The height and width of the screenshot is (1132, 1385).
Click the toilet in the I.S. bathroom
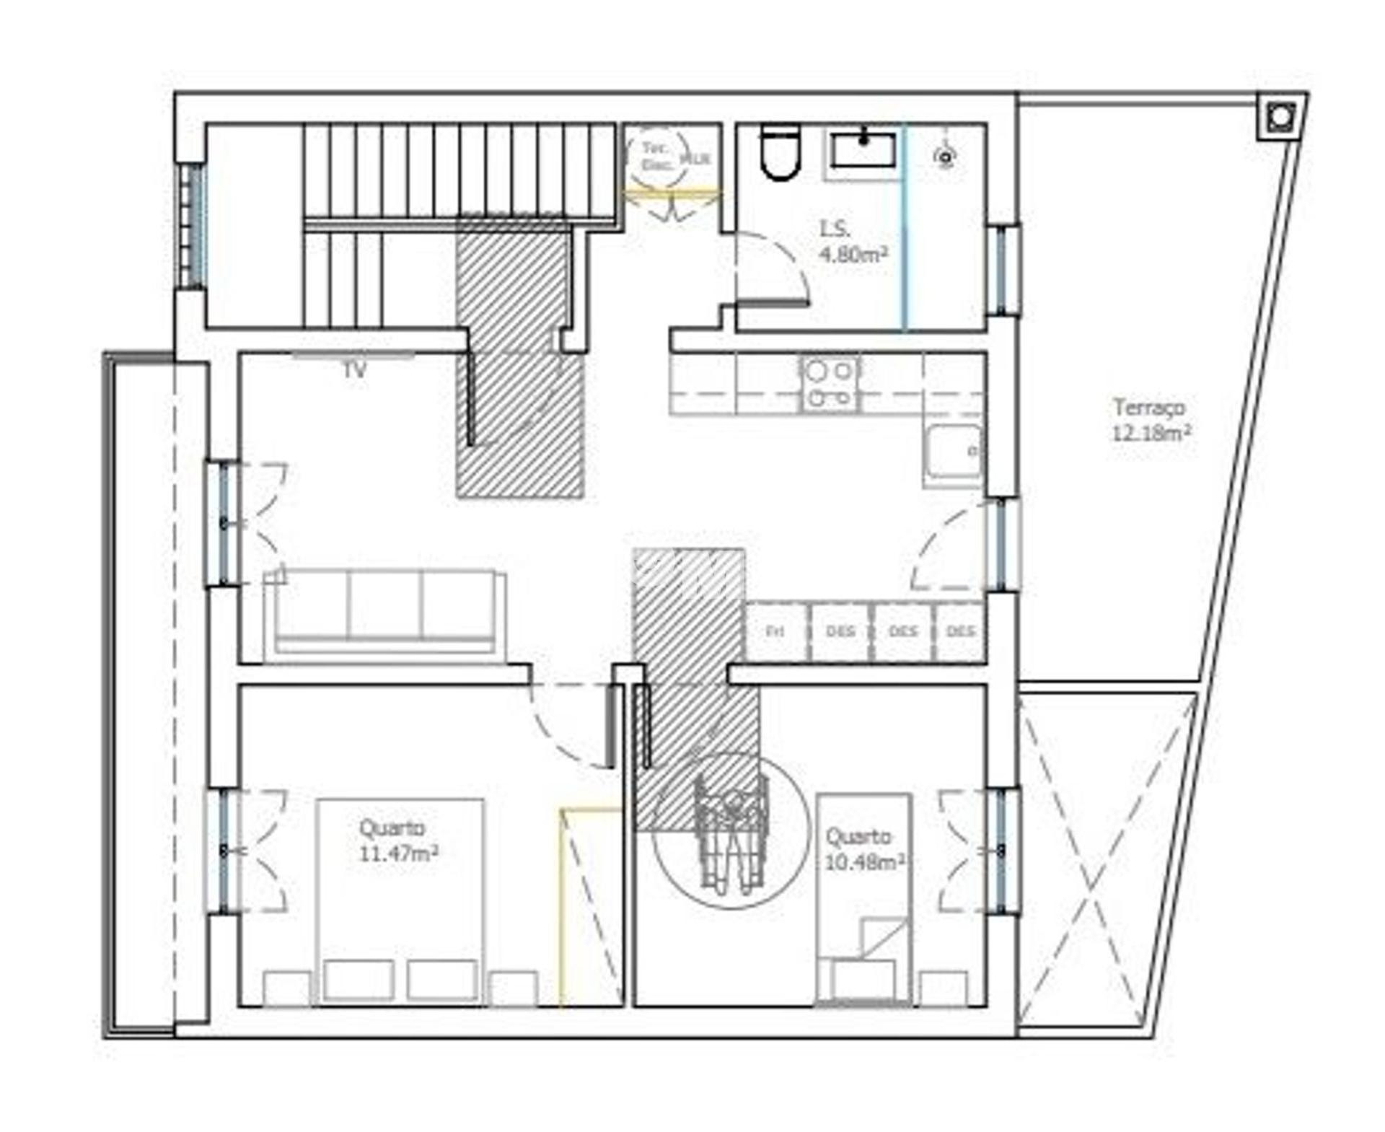[x=781, y=152]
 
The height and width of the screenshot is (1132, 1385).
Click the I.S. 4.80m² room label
[x=853, y=242]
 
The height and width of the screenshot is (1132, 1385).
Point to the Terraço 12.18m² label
[x=1151, y=420]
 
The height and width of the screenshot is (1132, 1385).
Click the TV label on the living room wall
[x=354, y=371]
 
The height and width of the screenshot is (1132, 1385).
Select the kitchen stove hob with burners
[x=830, y=384]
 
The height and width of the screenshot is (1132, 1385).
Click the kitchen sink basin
[x=954, y=452]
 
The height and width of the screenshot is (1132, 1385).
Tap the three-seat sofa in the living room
[x=384, y=610]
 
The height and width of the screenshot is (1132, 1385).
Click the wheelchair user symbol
[x=731, y=831]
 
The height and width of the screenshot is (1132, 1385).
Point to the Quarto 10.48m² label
[x=864, y=849]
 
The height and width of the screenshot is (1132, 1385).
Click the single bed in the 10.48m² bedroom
[x=863, y=898]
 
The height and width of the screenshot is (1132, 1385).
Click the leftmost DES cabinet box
[x=840, y=632]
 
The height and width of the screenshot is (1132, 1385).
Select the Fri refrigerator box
[x=775, y=632]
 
